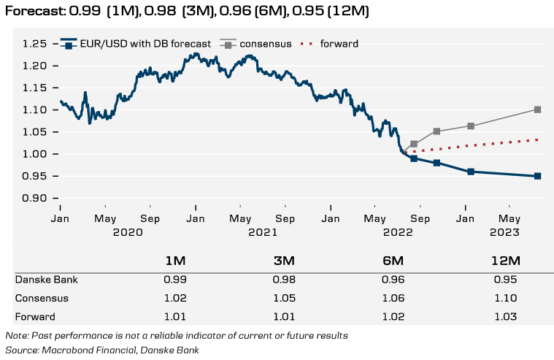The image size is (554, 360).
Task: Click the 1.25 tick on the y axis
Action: (37, 44)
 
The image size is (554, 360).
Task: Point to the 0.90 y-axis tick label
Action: (37, 199)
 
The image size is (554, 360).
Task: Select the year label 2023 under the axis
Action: (503, 231)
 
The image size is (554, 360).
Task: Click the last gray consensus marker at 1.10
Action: (537, 110)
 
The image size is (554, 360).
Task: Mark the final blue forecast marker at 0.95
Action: (537, 176)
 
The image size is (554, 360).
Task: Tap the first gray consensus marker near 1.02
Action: (414, 144)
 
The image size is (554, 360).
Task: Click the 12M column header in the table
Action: (504, 261)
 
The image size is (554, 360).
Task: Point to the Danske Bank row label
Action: (46, 280)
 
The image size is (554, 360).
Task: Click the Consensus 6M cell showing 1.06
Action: (393, 298)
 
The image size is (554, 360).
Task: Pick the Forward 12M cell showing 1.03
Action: (504, 316)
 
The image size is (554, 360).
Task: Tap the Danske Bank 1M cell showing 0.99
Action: (175, 280)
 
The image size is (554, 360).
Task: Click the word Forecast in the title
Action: (34, 12)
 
